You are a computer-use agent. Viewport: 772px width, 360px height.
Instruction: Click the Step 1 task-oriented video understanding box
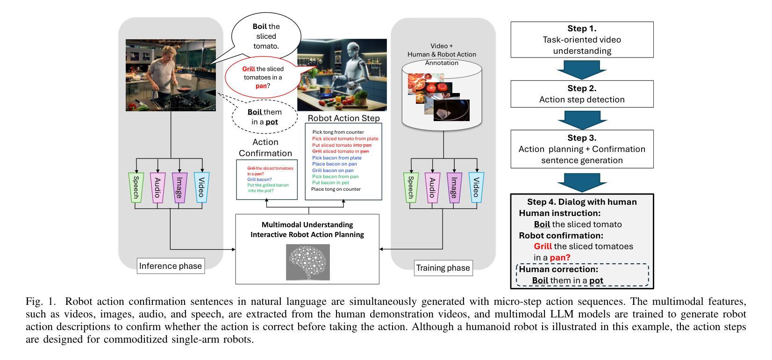click(582, 39)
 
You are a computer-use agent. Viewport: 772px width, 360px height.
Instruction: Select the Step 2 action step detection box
click(582, 94)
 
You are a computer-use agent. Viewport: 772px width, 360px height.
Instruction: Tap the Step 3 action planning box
click(582, 149)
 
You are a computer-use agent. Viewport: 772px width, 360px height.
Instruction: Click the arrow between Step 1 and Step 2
click(582, 69)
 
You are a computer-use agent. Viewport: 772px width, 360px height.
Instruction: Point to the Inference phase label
click(171, 266)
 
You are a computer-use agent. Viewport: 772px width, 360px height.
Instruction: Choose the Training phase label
click(443, 268)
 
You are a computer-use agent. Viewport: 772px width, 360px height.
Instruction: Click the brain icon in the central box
click(307, 262)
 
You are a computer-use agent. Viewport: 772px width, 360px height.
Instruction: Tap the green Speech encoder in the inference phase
click(136, 187)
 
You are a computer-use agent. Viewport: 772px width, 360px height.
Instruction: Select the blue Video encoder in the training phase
click(477, 187)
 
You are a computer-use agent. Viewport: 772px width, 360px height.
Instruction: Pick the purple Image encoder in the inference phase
click(180, 187)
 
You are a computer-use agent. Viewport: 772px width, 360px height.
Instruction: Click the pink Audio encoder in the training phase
click(433, 187)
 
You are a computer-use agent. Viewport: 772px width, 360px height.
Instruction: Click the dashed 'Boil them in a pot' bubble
click(264, 117)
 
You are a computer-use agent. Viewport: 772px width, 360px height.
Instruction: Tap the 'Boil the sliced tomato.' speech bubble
click(266, 36)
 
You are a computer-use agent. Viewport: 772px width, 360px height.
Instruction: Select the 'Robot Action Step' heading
click(343, 118)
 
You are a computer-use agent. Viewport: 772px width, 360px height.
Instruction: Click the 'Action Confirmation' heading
click(265, 147)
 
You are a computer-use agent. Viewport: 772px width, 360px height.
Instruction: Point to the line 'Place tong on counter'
click(336, 189)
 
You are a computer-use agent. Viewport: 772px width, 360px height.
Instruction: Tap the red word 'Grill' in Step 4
click(543, 246)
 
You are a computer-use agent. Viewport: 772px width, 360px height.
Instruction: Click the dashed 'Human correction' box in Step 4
click(582, 275)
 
